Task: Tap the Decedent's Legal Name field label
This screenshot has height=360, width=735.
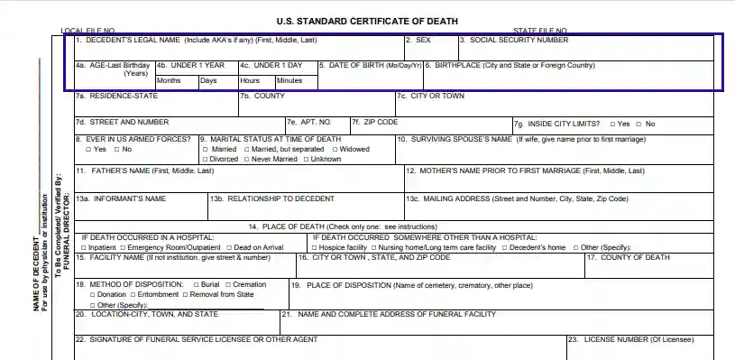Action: (196, 41)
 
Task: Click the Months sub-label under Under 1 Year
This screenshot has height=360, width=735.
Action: (169, 81)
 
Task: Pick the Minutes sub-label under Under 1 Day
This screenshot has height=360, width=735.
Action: (289, 81)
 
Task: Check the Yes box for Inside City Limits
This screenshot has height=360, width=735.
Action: (612, 124)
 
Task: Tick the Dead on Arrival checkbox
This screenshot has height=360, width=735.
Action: (230, 247)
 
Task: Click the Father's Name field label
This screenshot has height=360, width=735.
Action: (145, 171)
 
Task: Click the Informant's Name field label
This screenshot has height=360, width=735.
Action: (121, 198)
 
